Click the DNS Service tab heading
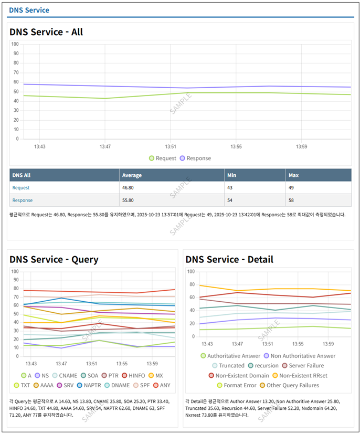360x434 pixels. [x=29, y=10]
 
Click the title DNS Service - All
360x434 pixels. [x=46, y=32]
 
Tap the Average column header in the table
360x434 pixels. [x=132, y=175]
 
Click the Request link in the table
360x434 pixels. [x=21, y=188]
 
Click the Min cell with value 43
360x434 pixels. [x=231, y=188]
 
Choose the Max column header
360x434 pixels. [x=294, y=175]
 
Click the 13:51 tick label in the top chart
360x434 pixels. [x=171, y=146]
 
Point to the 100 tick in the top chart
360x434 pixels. [x=16, y=44]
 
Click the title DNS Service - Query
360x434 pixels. [x=54, y=259]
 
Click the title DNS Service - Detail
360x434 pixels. [x=229, y=259]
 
